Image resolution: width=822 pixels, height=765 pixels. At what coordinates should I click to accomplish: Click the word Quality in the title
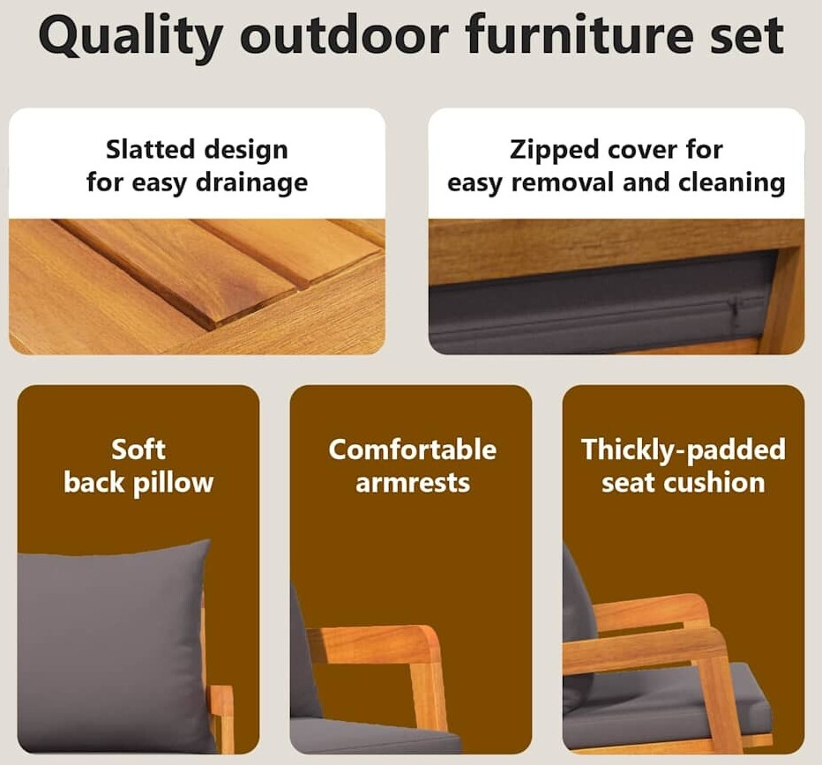130,38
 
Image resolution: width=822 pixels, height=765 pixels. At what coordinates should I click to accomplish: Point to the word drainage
251,184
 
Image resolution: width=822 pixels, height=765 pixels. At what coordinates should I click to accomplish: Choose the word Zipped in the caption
555,152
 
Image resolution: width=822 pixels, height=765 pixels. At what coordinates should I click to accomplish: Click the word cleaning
732,184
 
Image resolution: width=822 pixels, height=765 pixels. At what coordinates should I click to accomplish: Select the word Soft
138,449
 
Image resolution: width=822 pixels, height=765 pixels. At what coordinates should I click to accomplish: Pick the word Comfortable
413,449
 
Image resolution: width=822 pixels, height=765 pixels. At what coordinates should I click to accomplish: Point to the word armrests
413,483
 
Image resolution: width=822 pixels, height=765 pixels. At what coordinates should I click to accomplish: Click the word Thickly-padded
684,450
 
